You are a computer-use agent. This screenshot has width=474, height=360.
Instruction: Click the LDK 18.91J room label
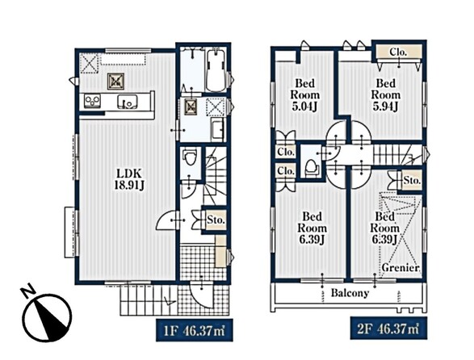click(x=129, y=179)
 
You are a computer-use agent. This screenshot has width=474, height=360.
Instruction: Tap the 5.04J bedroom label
click(x=304, y=94)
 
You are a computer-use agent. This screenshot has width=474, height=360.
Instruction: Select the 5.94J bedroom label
click(x=385, y=94)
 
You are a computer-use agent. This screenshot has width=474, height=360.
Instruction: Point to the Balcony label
click(x=350, y=293)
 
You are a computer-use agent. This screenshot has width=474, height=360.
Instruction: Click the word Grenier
click(x=401, y=267)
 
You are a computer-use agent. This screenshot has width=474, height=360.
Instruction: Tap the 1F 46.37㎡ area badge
click(x=195, y=330)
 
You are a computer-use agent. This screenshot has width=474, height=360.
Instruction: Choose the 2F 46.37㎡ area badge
click(x=388, y=329)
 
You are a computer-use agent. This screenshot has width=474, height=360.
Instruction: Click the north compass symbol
click(x=47, y=315)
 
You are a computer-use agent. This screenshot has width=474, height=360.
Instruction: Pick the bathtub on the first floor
click(x=216, y=70)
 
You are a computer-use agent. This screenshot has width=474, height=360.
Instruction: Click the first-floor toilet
click(x=190, y=157)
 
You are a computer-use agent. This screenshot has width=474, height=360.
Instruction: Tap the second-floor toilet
click(x=311, y=168)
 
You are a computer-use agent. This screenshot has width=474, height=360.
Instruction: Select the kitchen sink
click(x=128, y=102)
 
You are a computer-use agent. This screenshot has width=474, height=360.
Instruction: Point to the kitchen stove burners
click(x=92, y=101)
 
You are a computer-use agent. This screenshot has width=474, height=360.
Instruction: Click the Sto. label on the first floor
click(x=216, y=220)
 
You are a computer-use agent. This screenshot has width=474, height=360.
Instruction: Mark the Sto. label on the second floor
click(x=412, y=181)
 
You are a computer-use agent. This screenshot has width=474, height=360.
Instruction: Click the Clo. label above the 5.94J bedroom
click(x=398, y=52)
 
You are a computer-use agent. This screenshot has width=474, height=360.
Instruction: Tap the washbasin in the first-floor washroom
click(x=218, y=129)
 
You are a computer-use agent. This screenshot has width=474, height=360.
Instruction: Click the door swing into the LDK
click(x=167, y=220)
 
